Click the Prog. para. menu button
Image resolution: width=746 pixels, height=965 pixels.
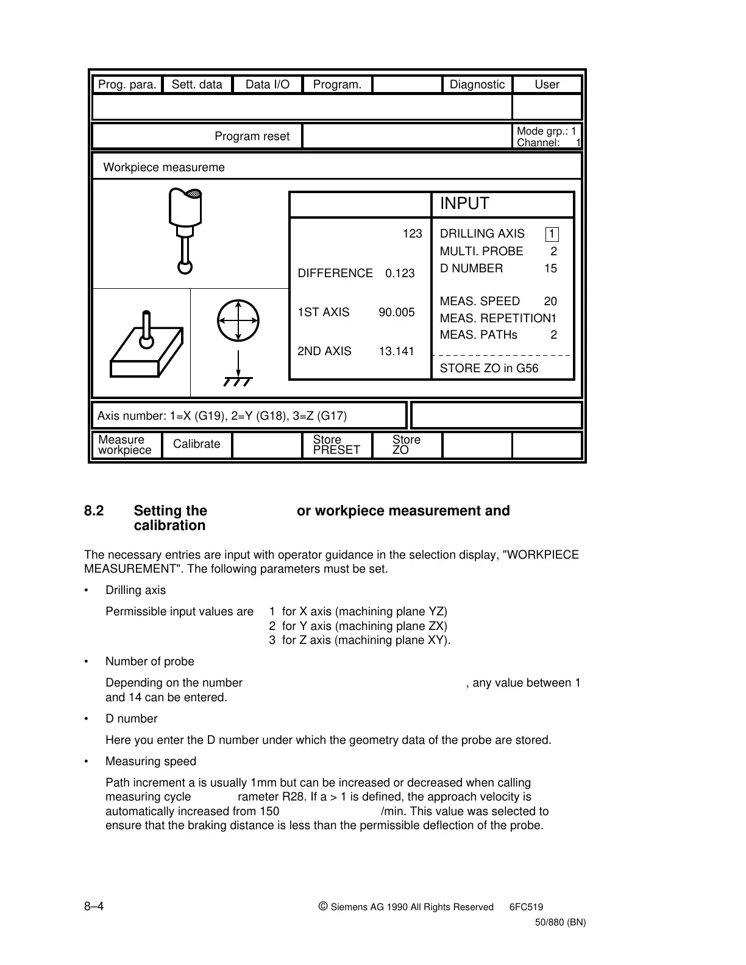point(127,85)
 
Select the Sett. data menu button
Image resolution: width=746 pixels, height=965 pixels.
point(197,85)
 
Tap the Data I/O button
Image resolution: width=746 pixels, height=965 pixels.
point(268,85)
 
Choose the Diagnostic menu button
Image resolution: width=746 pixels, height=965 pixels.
point(477,85)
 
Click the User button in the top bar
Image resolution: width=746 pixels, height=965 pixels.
point(547,85)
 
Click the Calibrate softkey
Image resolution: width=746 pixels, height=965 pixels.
point(196,444)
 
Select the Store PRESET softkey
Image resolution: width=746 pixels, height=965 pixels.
point(336,445)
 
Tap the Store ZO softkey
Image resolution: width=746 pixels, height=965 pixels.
point(406,445)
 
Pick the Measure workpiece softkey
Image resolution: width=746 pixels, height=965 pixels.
point(125,445)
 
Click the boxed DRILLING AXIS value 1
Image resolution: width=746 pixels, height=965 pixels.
point(552,234)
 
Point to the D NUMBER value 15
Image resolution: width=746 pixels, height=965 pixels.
point(550,269)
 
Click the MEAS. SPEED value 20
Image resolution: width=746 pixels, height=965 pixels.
point(550,302)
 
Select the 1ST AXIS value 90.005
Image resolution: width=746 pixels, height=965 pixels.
point(396,313)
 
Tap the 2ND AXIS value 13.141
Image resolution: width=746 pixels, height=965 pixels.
point(396,352)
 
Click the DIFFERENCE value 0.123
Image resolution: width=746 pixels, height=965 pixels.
point(400,274)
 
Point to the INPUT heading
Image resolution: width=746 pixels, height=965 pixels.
point(464,204)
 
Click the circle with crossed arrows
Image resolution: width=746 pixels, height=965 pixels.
point(238,320)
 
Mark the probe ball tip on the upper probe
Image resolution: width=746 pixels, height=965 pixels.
point(185,267)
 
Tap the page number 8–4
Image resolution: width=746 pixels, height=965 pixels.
point(94,906)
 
